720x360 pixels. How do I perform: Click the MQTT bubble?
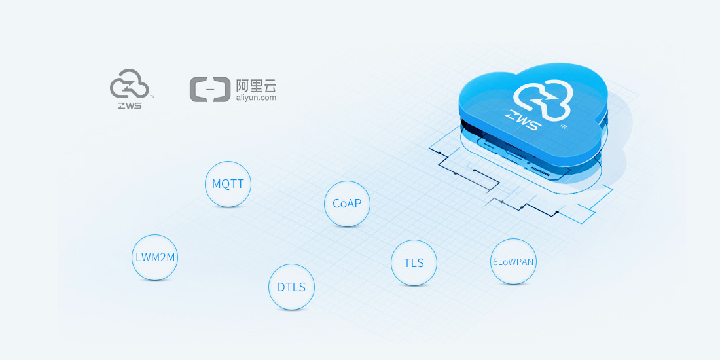228,184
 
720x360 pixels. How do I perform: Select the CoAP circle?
347,204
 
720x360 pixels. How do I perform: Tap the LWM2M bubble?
154,258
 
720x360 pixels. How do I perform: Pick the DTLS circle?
291,287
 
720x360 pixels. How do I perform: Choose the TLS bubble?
414,262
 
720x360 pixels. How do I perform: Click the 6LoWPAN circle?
513,261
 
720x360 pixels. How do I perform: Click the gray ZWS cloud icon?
129,84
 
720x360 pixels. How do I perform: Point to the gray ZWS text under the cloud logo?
129,105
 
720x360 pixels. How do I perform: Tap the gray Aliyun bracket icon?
210,89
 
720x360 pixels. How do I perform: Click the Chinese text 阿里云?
256,85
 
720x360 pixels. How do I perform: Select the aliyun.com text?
256,98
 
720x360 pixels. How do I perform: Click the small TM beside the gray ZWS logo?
152,97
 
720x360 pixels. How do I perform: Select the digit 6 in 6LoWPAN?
495,262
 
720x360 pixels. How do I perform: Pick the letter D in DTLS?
281,287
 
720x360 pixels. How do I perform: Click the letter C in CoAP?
336,204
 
